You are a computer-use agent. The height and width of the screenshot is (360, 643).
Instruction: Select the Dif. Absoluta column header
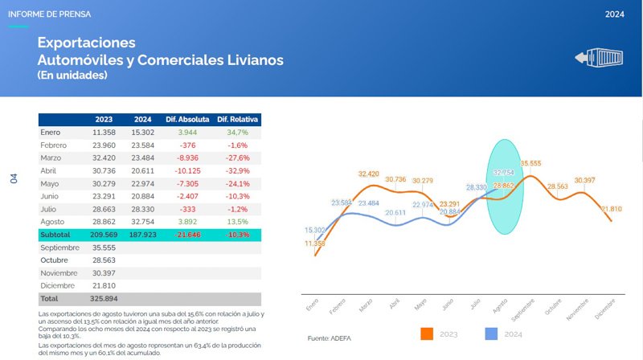point(187,119)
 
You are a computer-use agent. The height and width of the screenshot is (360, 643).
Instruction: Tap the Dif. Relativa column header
point(238,119)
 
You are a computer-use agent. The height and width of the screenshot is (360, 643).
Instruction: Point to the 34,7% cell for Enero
point(238,132)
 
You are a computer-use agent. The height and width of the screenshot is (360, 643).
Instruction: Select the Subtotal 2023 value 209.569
point(104,235)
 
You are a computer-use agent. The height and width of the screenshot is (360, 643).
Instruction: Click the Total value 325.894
point(104,299)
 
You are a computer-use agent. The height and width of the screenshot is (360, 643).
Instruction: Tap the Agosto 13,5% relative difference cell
point(238,222)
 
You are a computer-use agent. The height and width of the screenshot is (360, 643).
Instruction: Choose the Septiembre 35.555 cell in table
point(104,247)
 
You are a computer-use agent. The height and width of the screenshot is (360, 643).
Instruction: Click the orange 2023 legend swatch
point(427,333)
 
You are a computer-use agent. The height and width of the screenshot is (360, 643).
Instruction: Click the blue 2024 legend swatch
point(492,333)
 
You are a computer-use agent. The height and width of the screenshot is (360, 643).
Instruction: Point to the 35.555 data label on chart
point(530,163)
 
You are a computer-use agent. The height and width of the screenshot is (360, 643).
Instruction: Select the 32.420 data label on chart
point(368,174)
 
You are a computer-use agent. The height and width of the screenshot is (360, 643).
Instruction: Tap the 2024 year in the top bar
point(615,14)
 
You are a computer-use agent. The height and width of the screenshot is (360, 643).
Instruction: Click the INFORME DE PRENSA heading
point(50,14)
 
